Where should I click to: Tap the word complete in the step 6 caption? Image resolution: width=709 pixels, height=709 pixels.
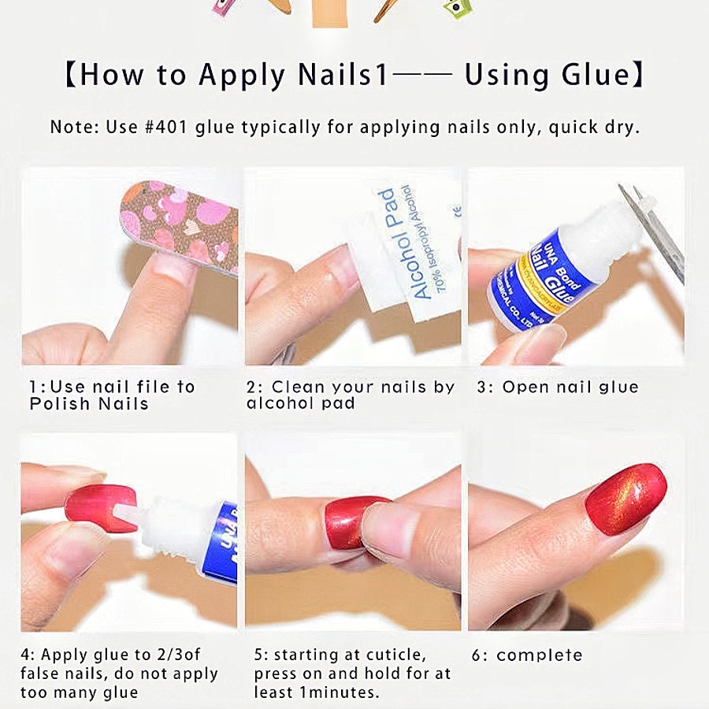(x=540, y=655)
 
